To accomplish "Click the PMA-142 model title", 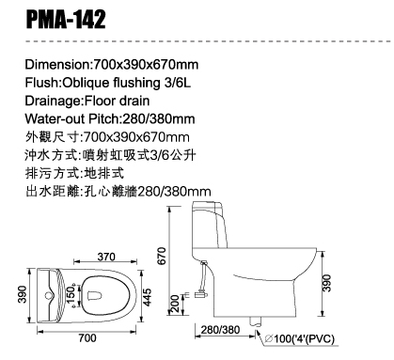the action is click(66, 20).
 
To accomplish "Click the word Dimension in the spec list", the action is click(57, 65).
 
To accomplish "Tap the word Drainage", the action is click(54, 102).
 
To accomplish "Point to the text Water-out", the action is click(55, 119).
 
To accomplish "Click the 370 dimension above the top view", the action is click(106, 257).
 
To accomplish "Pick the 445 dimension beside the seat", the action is click(147, 297).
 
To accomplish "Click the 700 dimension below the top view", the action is click(87, 337).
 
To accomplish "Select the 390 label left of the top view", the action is click(23, 294).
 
